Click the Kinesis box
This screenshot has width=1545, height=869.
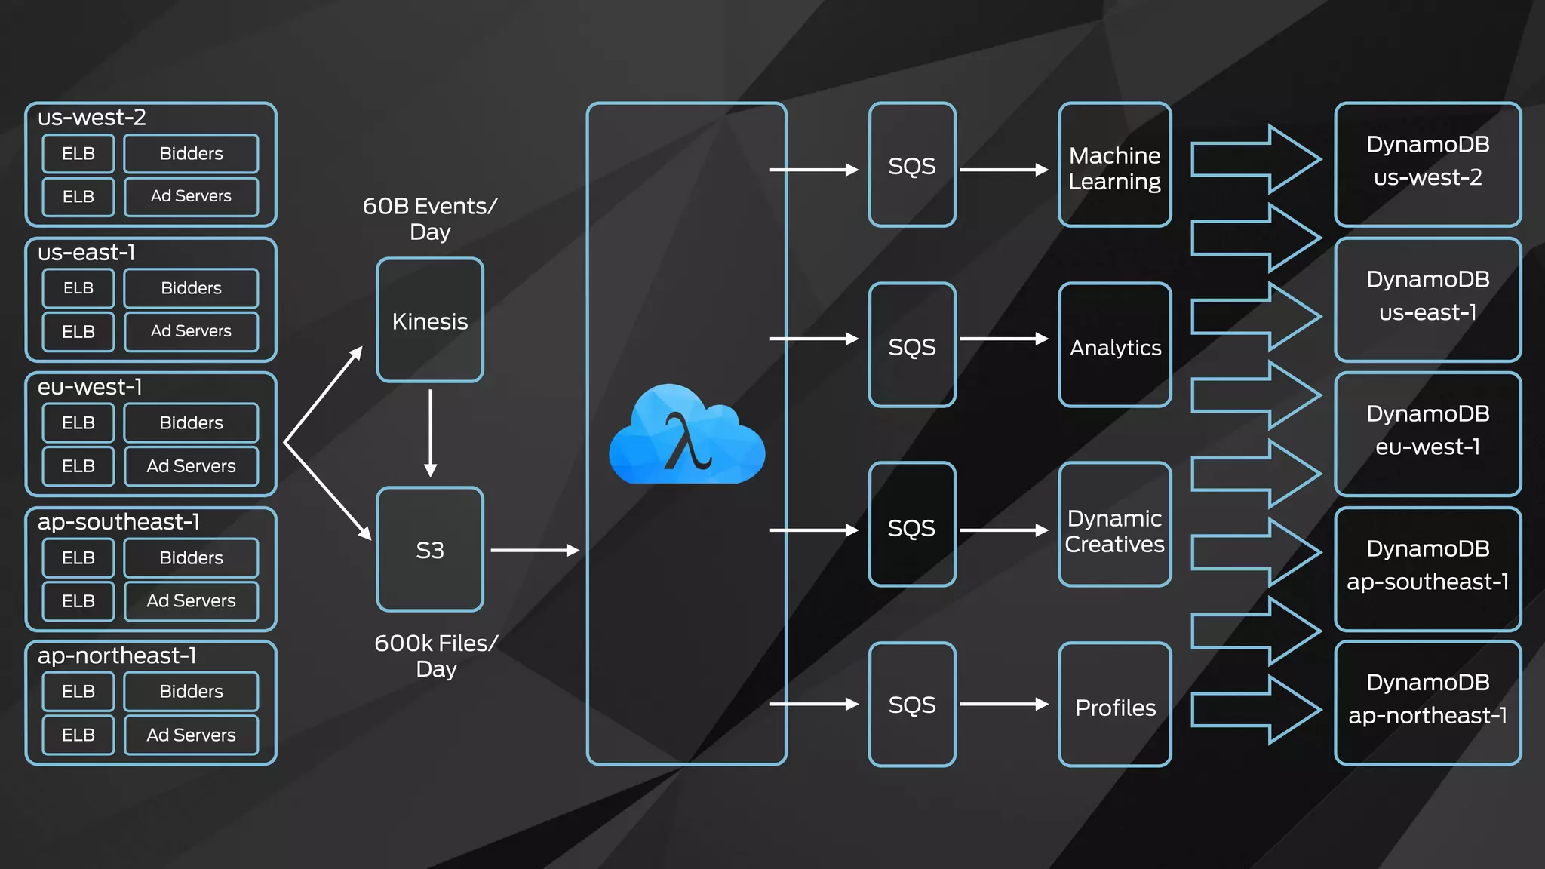pyautogui.click(x=430, y=321)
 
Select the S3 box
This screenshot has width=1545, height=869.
pyautogui.click(x=430, y=550)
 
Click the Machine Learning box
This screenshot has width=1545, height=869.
pyautogui.click(x=1115, y=166)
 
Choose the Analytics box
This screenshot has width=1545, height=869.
pyautogui.click(x=1115, y=346)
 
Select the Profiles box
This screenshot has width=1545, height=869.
pyautogui.click(x=1115, y=705)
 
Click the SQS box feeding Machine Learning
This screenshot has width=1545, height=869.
pyautogui.click(x=912, y=166)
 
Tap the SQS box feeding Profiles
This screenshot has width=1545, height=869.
pyautogui.click(x=912, y=705)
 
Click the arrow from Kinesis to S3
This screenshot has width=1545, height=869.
pyautogui.click(x=430, y=433)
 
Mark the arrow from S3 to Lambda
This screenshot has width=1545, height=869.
pyautogui.click(x=534, y=551)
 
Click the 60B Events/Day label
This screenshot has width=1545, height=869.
pyautogui.click(x=430, y=218)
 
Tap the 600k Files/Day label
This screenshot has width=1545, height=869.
pyautogui.click(x=436, y=656)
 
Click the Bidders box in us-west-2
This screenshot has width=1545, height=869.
pyautogui.click(x=191, y=154)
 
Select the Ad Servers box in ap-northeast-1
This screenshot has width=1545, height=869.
pyautogui.click(x=191, y=735)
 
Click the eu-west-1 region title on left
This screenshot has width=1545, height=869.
pyautogui.click(x=90, y=387)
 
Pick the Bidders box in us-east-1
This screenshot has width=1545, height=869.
pyautogui.click(x=191, y=288)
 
